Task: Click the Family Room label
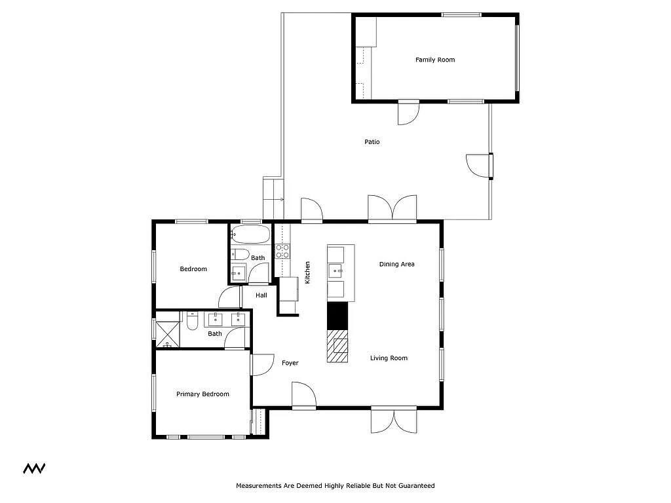pos(435,60)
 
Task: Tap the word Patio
pos(372,142)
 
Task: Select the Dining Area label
pos(396,265)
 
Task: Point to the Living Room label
pos(389,358)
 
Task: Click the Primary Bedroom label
pos(202,394)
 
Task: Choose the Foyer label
pos(290,363)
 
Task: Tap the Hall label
pos(261,295)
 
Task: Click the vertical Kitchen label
pos(307,272)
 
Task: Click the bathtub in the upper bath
pos(250,234)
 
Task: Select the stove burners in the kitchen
pos(282,251)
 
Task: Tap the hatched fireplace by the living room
pos(337,346)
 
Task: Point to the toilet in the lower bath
pos(192,321)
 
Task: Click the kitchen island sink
pos(335,271)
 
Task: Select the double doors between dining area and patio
pos(393,209)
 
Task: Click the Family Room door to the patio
pos(408,113)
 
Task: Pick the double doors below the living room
pos(394,420)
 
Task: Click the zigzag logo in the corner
pos(34,468)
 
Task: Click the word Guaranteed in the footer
pos(416,485)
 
